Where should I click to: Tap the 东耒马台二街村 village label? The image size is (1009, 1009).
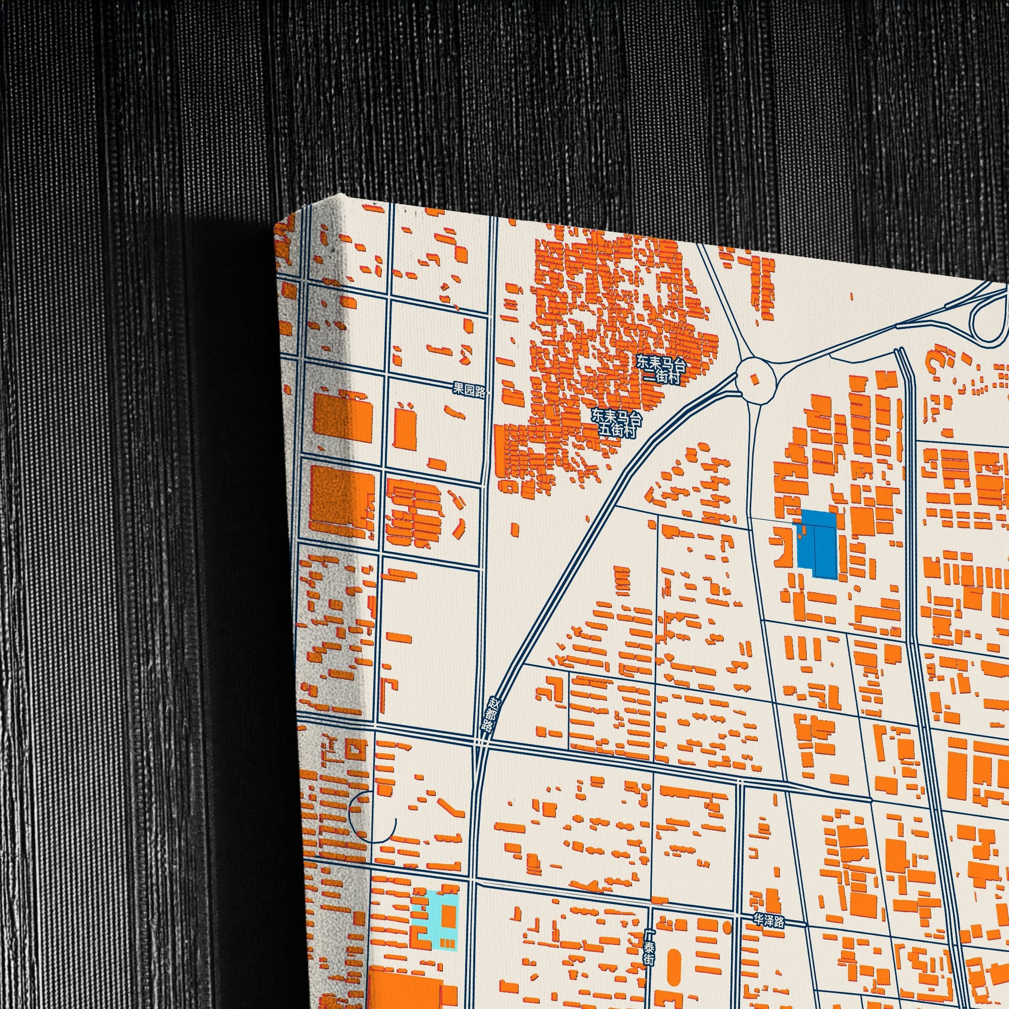(661, 369)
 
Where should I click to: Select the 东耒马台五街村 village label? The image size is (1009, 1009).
(616, 423)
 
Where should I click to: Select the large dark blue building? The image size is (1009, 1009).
(817, 543)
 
